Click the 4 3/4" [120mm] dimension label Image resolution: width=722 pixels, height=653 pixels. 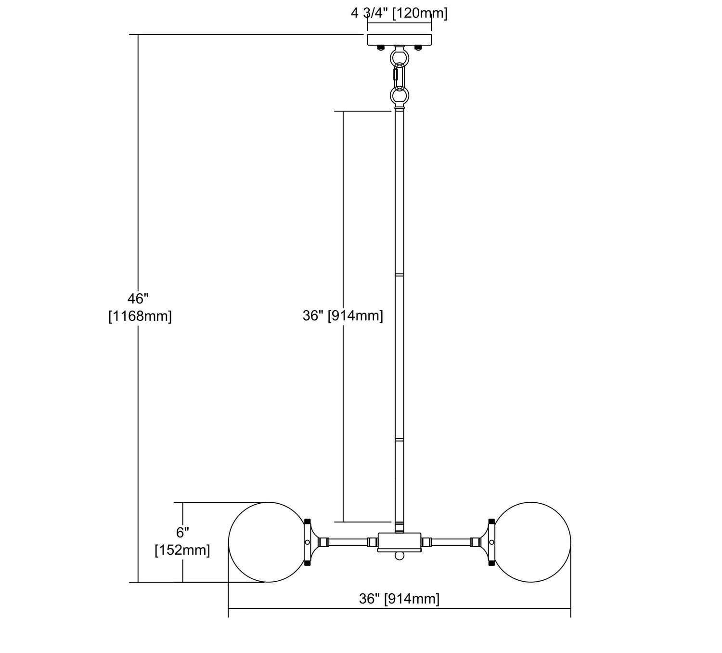coord(399,13)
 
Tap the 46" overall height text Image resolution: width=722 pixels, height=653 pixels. coord(138,299)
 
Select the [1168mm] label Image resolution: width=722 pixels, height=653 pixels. coord(140,316)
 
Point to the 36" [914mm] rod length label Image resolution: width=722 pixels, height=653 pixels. coord(343,316)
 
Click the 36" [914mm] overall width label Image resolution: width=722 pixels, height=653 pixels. coord(399,599)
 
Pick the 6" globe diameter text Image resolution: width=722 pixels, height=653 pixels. coord(182,532)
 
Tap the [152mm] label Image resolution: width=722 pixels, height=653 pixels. coord(182,550)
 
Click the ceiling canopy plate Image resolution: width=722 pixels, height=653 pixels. coord(400,39)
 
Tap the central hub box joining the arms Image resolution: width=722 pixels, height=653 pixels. coord(399,542)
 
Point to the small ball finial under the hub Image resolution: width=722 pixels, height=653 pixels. coord(399,556)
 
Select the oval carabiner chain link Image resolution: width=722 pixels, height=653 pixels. coord(400,77)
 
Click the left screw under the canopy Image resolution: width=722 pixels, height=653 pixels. coord(381,48)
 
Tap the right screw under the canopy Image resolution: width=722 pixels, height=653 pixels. coord(418,48)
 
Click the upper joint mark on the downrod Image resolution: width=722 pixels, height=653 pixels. coord(400,275)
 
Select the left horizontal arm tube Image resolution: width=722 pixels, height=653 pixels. coord(348,542)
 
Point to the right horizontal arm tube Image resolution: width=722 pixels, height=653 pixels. coord(451,542)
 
